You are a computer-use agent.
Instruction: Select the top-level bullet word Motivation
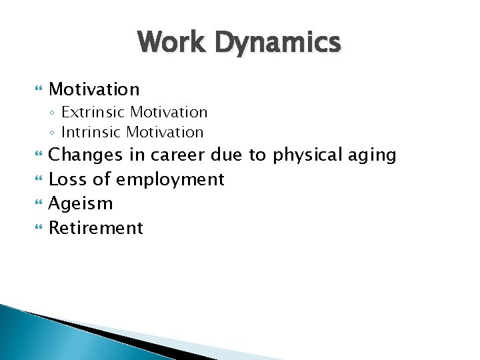[x=95, y=89]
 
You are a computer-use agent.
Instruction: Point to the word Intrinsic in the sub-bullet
[x=91, y=132]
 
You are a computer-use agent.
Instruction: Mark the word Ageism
[x=81, y=204]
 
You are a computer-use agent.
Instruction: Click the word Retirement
[x=96, y=228]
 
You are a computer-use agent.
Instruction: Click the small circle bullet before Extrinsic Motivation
[x=53, y=113]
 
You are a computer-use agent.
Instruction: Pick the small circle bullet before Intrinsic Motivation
[x=53, y=133]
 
